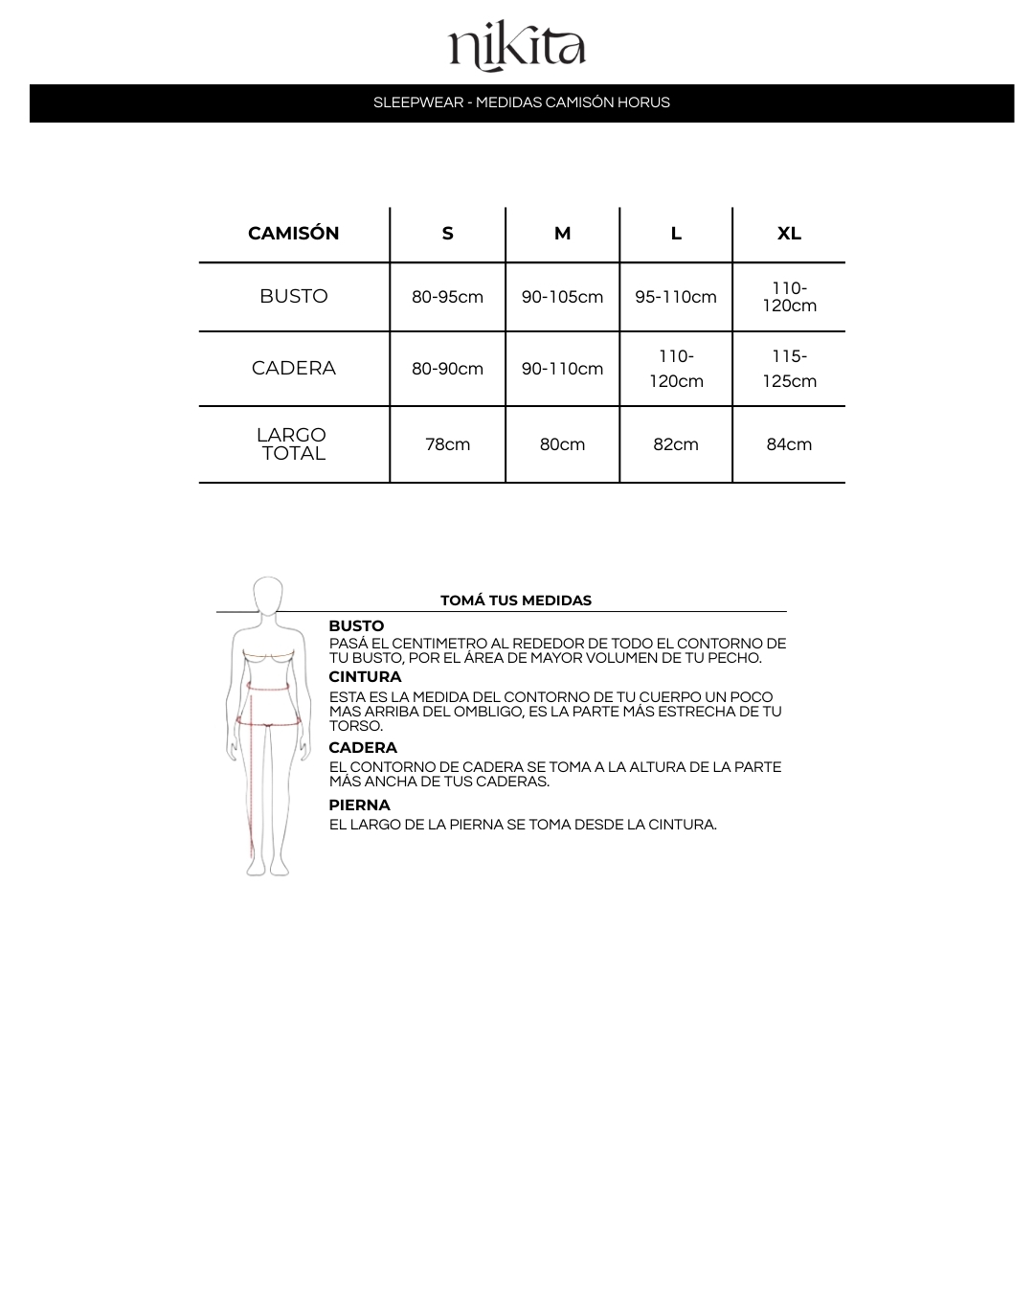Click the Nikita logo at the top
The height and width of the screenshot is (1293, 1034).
517,48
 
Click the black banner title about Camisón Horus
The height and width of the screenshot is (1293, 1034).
522,102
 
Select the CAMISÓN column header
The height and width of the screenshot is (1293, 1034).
293,234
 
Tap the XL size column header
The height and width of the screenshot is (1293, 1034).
789,234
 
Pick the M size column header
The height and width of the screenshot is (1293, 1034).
562,234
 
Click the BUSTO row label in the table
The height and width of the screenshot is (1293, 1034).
293,297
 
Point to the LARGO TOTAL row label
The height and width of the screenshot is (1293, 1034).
293,444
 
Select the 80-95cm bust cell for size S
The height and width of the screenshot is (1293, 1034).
447,297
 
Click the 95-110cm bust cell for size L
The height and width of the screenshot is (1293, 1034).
676,297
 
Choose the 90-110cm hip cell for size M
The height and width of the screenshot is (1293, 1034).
562,369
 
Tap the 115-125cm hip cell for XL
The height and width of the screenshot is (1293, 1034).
789,369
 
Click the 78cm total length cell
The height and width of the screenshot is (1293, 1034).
447,444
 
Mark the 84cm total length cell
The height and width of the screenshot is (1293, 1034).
789,444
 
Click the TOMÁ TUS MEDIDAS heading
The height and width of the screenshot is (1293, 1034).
516,601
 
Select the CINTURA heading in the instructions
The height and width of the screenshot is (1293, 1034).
365,677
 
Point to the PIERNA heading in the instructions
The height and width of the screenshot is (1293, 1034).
359,805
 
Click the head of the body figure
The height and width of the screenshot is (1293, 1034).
268,596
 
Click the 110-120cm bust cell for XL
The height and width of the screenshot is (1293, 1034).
789,297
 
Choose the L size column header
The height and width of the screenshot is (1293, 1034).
676,234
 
